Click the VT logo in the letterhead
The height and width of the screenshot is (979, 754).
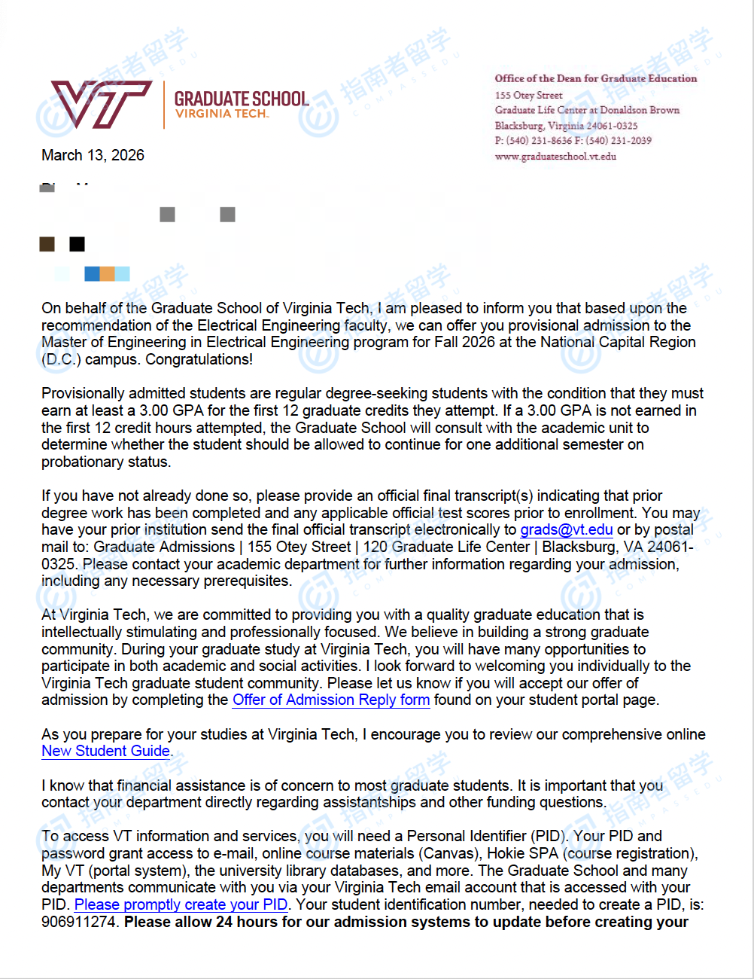(x=101, y=104)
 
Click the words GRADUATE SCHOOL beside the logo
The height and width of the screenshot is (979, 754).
(x=241, y=99)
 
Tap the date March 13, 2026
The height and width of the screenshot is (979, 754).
(x=93, y=155)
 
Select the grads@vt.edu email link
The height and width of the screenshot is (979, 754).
(x=566, y=529)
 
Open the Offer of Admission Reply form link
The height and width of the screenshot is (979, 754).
(x=331, y=700)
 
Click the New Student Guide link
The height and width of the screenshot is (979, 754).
(x=105, y=751)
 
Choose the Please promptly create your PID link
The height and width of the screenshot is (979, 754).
(x=181, y=904)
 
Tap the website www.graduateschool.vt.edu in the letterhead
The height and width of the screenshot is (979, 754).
(x=555, y=157)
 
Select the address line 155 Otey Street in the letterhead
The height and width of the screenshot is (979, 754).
(x=528, y=95)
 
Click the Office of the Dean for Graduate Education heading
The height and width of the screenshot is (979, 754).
(x=595, y=78)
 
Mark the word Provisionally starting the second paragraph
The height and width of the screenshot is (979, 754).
(x=84, y=393)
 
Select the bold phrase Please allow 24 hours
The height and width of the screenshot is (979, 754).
(x=200, y=922)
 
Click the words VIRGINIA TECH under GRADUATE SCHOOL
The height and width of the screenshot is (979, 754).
(x=221, y=114)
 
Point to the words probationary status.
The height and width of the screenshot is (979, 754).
(x=105, y=462)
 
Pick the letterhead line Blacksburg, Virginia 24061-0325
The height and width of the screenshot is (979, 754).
(x=566, y=126)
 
